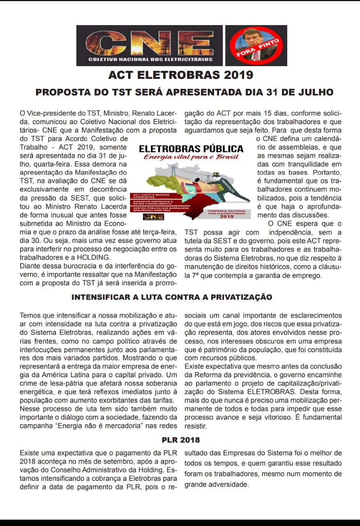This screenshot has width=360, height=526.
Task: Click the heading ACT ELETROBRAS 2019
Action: (180, 75)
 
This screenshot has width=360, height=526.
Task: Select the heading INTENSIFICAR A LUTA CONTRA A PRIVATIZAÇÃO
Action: (172, 297)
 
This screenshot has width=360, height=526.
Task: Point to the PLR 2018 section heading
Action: (180, 440)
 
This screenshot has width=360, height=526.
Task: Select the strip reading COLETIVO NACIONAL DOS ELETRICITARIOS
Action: (151, 59)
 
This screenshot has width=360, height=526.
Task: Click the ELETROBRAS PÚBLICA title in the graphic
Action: (191, 149)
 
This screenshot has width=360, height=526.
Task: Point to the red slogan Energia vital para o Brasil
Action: (191, 157)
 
